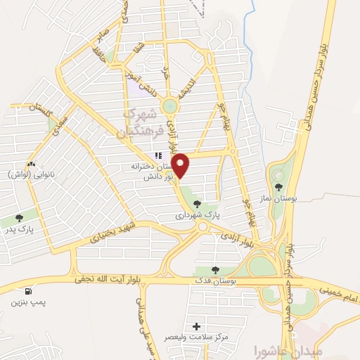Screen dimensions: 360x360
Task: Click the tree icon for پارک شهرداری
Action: click(x=196, y=204)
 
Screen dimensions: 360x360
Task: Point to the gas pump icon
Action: click(x=27, y=290)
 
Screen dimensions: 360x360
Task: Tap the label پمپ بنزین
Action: click(x=27, y=302)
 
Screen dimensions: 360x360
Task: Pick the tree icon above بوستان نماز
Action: click(x=279, y=187)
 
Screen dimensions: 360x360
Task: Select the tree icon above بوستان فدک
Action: click(x=215, y=269)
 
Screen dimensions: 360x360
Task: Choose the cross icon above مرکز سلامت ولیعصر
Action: click(x=196, y=326)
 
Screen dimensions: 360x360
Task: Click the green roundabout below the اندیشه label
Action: click(x=169, y=105)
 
